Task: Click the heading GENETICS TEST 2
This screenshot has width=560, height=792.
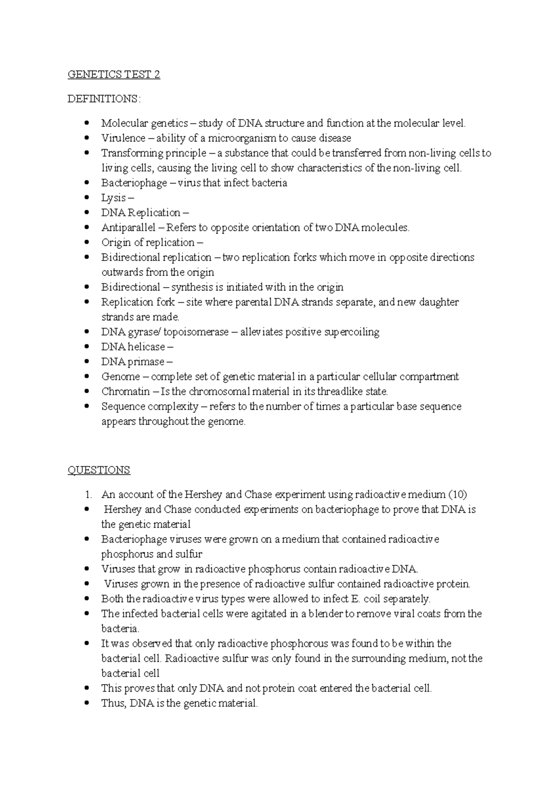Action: tap(114, 75)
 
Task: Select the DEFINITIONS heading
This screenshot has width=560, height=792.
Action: tap(103, 99)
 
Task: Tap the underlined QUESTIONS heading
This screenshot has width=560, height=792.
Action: tap(98, 470)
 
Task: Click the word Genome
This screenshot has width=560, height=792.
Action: tap(120, 377)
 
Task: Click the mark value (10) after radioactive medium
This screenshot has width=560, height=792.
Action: tap(457, 495)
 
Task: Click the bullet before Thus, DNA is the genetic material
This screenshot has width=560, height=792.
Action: tap(86, 703)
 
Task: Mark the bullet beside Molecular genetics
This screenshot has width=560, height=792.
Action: tap(86, 123)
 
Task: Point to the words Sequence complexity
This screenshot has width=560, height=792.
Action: tap(149, 406)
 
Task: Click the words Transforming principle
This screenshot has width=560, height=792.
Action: tap(154, 153)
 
